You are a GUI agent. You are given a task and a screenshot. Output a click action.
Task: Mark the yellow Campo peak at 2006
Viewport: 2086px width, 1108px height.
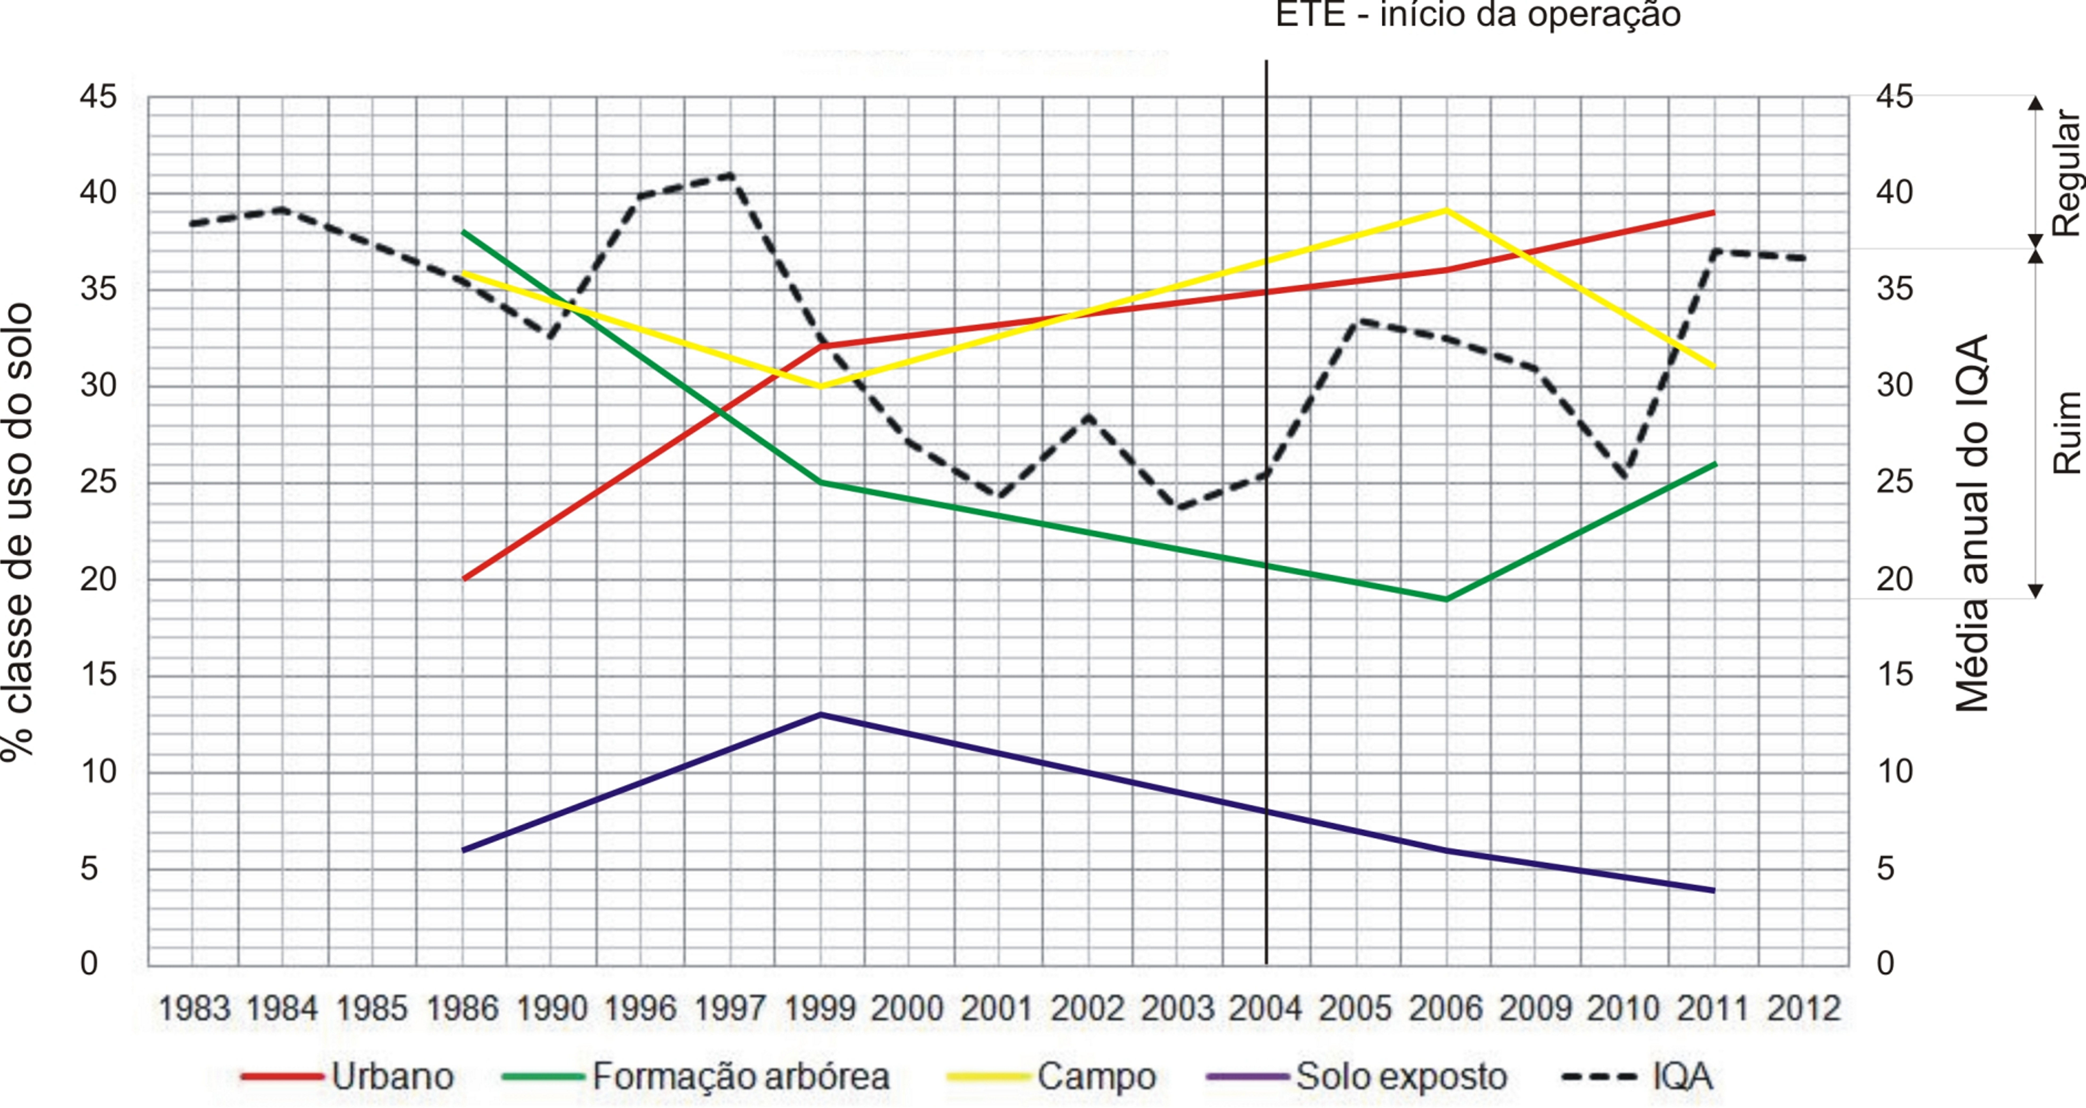tap(1446, 210)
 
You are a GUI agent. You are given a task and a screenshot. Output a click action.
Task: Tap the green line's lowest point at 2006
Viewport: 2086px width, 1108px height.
tap(1446, 599)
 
